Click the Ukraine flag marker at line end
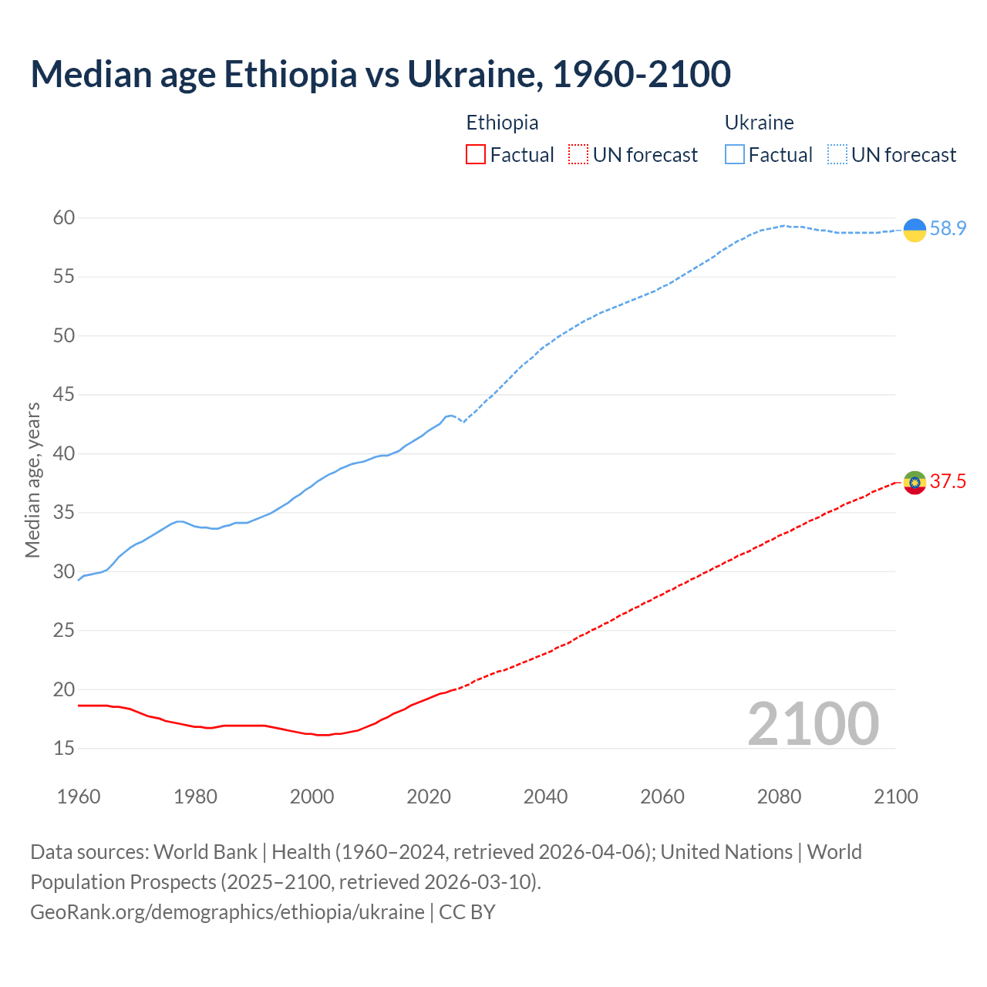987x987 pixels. (x=915, y=230)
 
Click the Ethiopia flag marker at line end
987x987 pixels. (x=915, y=483)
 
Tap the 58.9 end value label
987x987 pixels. (x=948, y=229)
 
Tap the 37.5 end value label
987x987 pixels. (x=948, y=482)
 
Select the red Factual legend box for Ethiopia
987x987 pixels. (x=476, y=155)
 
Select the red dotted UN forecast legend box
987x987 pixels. (x=578, y=155)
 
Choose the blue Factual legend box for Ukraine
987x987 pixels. (x=735, y=155)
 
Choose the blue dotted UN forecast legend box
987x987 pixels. (x=837, y=155)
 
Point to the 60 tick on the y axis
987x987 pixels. (x=64, y=218)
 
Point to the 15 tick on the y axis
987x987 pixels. (x=64, y=749)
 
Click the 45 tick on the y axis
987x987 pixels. (x=64, y=395)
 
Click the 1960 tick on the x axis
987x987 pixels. (x=79, y=797)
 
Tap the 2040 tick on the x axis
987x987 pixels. (x=545, y=797)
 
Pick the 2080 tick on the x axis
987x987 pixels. (x=779, y=797)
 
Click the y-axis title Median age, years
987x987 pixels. (x=32, y=480)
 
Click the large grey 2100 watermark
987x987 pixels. (x=814, y=724)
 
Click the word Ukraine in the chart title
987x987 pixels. (x=471, y=74)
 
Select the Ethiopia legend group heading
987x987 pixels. (x=502, y=123)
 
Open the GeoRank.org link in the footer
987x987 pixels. (x=227, y=912)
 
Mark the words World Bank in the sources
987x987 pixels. (x=205, y=852)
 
